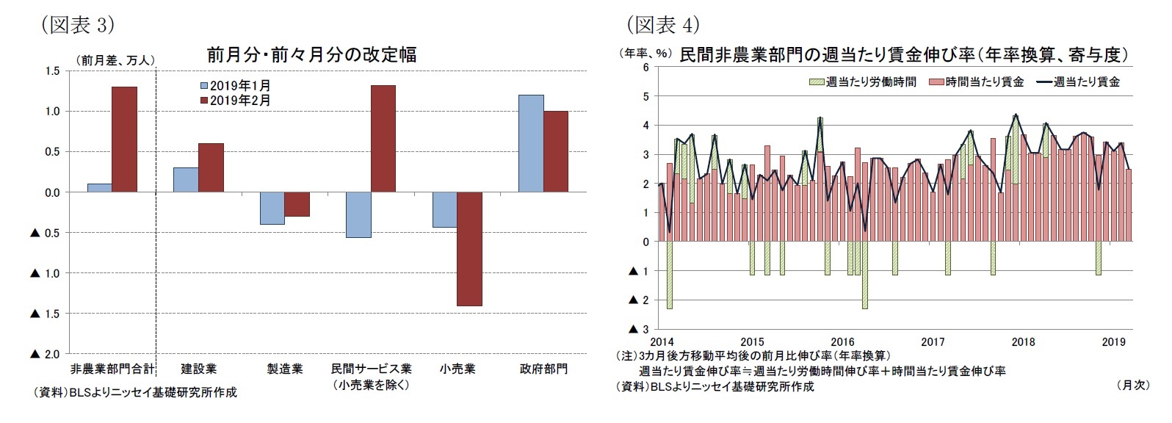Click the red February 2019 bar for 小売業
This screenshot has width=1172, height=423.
[469, 248]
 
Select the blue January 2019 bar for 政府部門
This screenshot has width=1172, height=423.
[531, 143]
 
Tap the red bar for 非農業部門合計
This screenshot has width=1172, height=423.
[124, 139]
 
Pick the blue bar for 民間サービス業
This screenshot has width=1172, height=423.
[358, 214]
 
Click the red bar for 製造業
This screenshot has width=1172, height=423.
[297, 204]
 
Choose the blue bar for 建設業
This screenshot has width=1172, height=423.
[186, 179]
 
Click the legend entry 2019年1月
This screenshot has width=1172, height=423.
[236, 86]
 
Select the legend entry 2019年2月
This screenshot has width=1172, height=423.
[236, 101]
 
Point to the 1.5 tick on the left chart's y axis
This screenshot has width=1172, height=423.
[51, 71]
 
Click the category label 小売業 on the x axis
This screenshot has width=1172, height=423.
[457, 369]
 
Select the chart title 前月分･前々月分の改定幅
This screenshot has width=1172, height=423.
[311, 54]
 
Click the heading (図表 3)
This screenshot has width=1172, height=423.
[78, 25]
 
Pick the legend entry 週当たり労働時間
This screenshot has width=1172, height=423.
[863, 82]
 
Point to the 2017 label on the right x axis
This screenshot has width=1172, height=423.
[933, 341]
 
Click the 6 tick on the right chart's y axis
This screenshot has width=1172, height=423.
[645, 68]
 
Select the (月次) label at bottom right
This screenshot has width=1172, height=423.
[1132, 384]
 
